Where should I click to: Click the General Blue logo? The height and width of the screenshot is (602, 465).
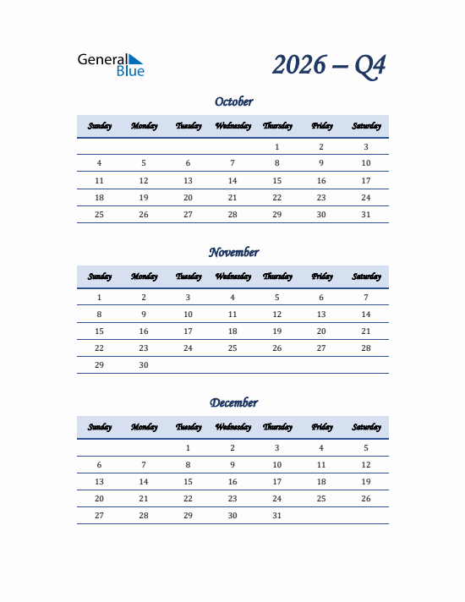pos(111,65)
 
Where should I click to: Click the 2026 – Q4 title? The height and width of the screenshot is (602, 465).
pos(329,65)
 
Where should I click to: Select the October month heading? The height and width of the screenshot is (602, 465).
pos(233,101)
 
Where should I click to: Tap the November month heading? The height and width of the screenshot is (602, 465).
pos(233,252)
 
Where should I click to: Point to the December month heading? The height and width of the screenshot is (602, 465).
pos(233,402)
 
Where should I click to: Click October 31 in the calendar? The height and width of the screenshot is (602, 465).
pos(366,215)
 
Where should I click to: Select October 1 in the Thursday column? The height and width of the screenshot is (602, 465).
pos(276,147)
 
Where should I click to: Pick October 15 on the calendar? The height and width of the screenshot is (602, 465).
pos(276,181)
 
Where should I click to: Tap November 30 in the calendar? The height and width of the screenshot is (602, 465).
pos(144,365)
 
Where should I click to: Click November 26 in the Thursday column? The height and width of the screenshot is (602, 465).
pos(276,348)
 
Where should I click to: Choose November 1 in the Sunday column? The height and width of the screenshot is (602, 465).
pos(99,298)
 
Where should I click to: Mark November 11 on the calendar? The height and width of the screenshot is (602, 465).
pos(232,315)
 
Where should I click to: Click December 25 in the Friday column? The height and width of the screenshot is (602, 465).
pos(321,499)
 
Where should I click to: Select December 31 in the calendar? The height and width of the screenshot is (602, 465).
pos(276,516)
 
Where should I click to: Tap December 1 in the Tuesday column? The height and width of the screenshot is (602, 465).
pos(188,448)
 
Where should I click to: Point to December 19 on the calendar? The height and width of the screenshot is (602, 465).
pos(366,482)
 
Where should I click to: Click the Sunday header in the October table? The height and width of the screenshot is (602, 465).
pos(99,126)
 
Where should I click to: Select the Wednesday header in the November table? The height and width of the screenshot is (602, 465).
pos(232,276)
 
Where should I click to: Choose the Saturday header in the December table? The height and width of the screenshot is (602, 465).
pos(366,427)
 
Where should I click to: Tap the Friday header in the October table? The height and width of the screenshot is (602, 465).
pos(321,126)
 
